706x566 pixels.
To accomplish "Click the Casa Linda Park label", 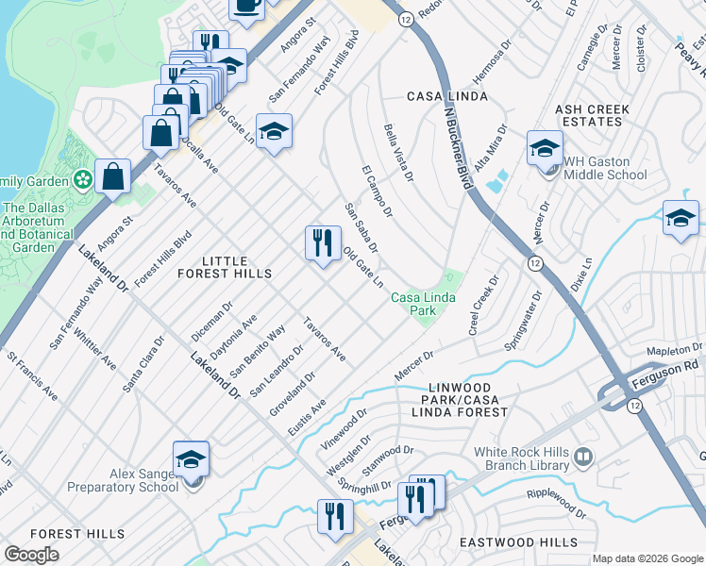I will coord(424,305).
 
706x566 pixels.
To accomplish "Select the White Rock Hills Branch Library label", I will coord(523,458).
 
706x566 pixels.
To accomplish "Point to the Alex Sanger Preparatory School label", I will coord(123,480).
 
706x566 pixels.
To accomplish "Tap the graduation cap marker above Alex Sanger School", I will coord(191,460).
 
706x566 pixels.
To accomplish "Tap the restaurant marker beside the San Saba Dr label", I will coord(323,242).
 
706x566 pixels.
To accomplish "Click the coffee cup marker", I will coord(247,5).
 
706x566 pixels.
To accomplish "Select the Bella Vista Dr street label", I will coord(398,151).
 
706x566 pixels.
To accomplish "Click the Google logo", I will coord(31,555).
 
